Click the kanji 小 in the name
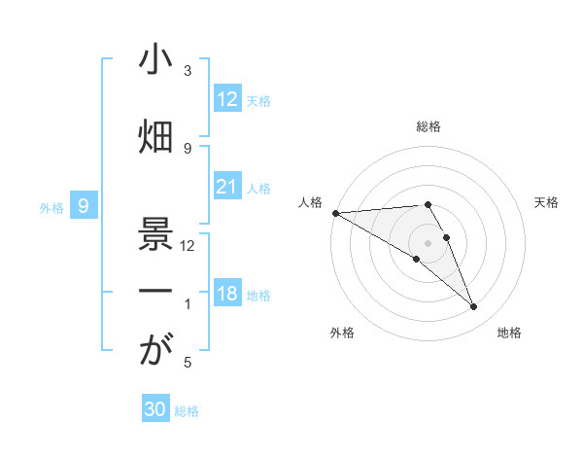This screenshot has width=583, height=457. coord(156,61)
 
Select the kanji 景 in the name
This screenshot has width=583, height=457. coord(156,232)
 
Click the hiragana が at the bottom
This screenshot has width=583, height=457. coord(156,351)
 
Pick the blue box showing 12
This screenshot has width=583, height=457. coord(227,99)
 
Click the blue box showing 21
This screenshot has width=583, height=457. coord(227,187)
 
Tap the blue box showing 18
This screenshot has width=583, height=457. coord(227,294)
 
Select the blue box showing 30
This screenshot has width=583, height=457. coord(155,409)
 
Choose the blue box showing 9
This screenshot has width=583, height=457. coord(84,206)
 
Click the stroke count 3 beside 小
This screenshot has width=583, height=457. coord(188,71)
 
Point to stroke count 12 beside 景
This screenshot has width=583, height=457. coord(188,246)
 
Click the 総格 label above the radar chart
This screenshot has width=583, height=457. coord(429,126)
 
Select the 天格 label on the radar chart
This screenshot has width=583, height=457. coord(547,202)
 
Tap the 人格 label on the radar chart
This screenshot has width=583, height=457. coord(310,202)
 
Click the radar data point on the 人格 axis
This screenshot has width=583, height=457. coord(335,213)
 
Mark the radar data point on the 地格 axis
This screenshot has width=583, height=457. coord(474,307)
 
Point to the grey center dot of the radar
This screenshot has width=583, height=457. coord(428,242)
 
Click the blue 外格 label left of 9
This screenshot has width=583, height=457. coord(51,207)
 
